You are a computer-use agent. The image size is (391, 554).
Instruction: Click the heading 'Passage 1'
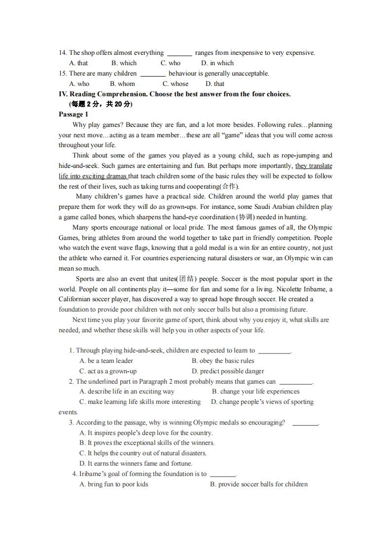[73, 115]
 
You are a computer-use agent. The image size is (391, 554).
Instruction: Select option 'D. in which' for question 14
[217, 63]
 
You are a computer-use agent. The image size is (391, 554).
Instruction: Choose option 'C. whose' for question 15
[176, 84]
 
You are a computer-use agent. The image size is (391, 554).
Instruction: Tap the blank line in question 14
[179, 54]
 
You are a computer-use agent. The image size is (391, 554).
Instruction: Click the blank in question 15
[153, 75]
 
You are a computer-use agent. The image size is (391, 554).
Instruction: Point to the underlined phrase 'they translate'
[314, 166]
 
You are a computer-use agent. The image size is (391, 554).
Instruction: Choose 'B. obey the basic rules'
[223, 361]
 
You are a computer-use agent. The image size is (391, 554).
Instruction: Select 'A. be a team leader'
[106, 361]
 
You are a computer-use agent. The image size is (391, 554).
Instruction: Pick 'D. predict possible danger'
[228, 371]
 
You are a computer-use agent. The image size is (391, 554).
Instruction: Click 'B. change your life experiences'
[255, 392]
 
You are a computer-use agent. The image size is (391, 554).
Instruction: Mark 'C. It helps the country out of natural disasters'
[143, 453]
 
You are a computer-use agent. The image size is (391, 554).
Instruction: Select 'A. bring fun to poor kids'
[114, 484]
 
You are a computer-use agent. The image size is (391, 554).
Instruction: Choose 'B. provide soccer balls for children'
[258, 484]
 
